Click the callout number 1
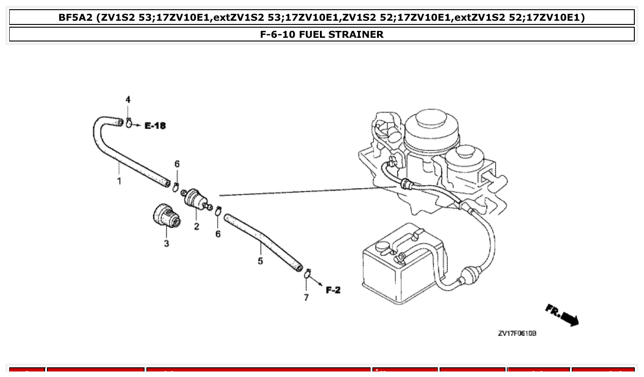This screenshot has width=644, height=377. click(119, 181)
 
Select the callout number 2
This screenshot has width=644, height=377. click(197, 226)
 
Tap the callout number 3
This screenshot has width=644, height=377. click(166, 243)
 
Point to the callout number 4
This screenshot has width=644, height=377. click(128, 100)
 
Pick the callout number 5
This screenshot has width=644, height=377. click(260, 261)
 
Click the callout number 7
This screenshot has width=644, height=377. click(306, 297)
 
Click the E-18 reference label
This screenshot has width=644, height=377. click(155, 125)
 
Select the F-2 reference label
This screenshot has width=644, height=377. click(333, 290)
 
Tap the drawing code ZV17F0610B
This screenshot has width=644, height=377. click(517, 333)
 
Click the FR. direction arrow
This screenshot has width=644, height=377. click(563, 315)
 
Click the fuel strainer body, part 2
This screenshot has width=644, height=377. click(196, 199)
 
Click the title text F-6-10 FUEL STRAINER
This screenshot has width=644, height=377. click(321, 35)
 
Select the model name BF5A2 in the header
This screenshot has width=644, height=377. click(75, 18)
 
